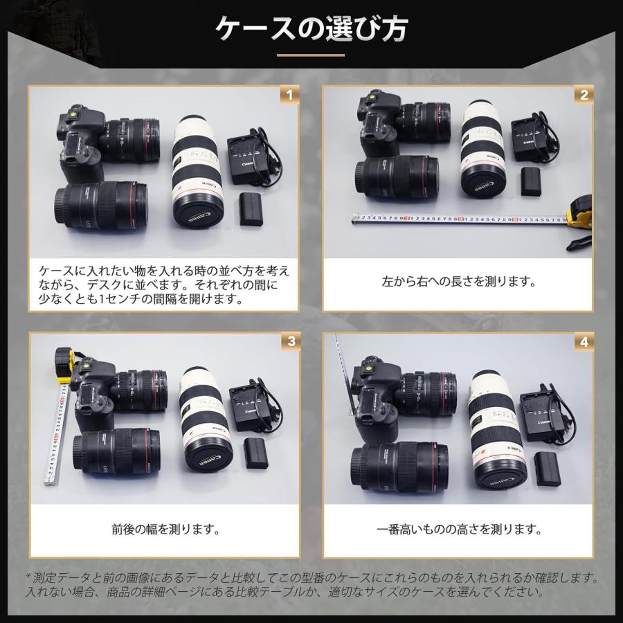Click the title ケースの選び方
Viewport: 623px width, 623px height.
[311, 29]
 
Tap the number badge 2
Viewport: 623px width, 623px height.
[585, 95]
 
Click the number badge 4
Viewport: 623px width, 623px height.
[585, 341]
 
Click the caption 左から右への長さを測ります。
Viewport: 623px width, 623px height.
[459, 282]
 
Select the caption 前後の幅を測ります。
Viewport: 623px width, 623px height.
[165, 530]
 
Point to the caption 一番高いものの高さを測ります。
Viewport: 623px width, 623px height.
[459, 530]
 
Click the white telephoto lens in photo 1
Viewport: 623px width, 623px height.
[197, 170]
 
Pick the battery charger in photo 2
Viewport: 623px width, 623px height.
[532, 142]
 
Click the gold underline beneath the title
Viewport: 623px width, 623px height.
[311, 55]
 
